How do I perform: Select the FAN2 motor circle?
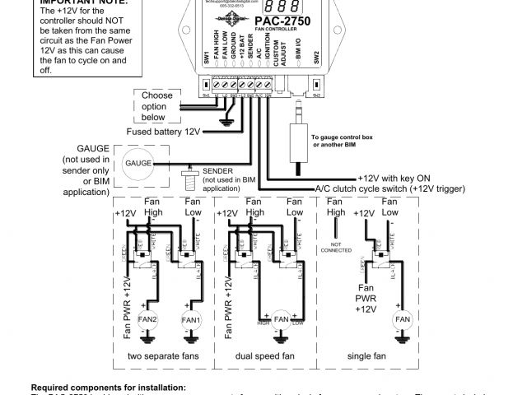tap(149, 319)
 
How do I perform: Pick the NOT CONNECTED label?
tap(336, 248)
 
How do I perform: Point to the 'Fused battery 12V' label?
tap(163, 132)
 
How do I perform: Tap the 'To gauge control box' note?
tap(338, 140)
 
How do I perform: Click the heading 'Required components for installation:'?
tap(108, 386)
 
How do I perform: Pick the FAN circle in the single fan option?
tap(403, 319)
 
